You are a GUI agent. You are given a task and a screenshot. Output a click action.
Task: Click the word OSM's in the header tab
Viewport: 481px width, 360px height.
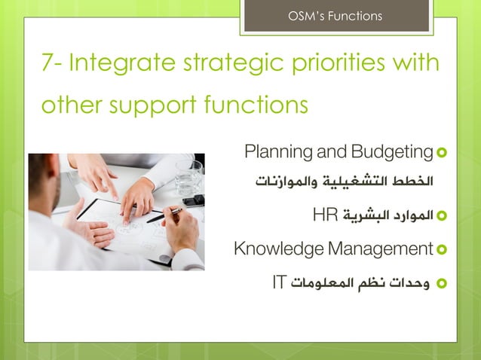(x=307, y=15)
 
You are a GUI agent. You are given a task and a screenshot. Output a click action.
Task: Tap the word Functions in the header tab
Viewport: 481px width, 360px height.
(x=354, y=15)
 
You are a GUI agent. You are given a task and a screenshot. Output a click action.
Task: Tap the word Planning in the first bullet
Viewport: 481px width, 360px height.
(x=278, y=154)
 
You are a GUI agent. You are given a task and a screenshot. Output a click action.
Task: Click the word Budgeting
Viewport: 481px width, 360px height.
(x=391, y=154)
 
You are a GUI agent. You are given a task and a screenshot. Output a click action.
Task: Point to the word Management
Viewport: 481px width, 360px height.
(x=380, y=249)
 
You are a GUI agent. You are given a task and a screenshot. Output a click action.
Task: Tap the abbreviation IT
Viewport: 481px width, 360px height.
(x=279, y=283)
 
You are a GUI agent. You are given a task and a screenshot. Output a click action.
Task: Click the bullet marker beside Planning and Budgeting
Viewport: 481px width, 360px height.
(x=442, y=154)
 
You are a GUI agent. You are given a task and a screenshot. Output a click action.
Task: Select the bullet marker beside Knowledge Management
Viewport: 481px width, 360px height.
(x=442, y=249)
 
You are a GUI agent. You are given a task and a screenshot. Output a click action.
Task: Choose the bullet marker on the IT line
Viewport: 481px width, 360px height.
(x=442, y=284)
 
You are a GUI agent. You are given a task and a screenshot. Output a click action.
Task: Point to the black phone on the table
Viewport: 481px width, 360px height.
(x=194, y=200)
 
